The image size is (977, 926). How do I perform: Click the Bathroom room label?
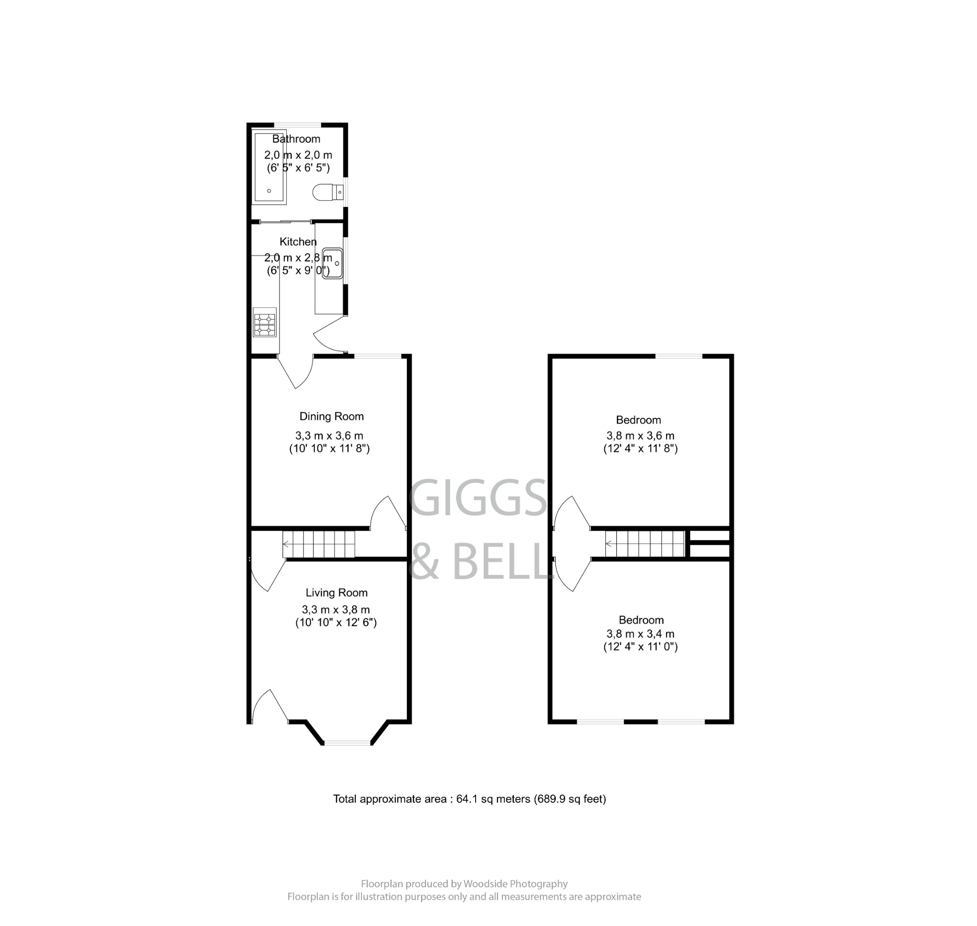pos(296,139)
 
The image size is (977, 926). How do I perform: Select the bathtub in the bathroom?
pos(269,167)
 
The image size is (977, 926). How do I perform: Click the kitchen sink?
pos(332,263)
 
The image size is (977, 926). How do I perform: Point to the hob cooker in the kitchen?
pos(265,323)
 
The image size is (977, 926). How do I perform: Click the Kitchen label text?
pos(298,242)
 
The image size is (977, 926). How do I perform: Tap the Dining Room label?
pos(331,416)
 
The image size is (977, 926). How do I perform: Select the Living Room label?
pos(336,593)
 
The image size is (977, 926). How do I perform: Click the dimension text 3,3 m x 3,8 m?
pos(336,610)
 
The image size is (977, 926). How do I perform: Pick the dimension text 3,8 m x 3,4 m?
pos(640,634)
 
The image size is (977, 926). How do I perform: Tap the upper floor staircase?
pos(644,544)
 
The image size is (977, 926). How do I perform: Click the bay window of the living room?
pos(347,742)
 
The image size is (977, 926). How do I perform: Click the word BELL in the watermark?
pos(501,562)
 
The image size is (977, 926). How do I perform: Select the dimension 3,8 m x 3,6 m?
pos(640,436)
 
